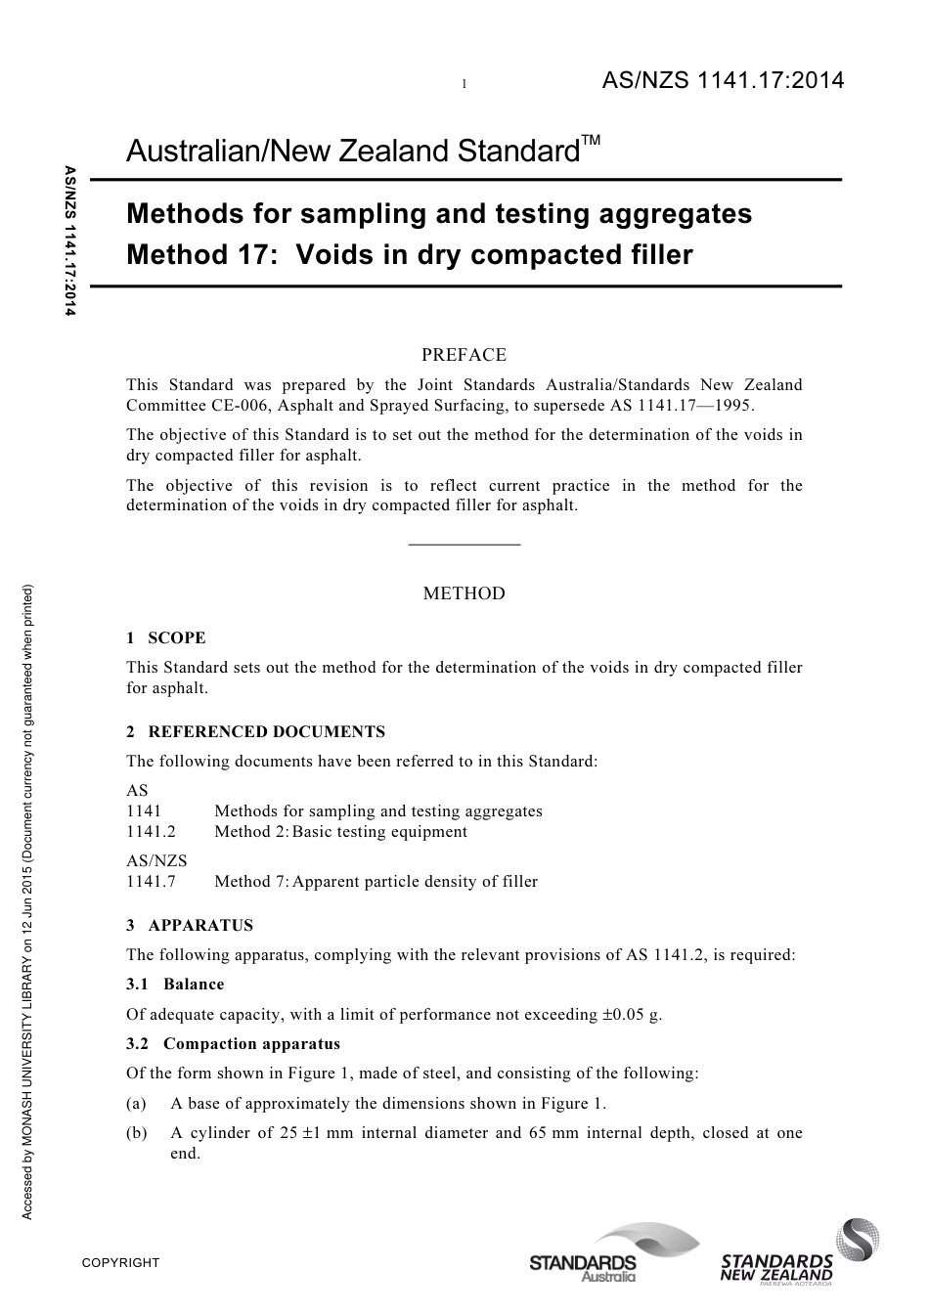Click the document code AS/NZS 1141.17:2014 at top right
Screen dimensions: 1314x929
click(x=722, y=81)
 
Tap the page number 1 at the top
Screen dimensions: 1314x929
click(x=464, y=85)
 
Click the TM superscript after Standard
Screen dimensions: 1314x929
click(x=590, y=142)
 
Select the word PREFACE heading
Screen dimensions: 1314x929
click(x=464, y=355)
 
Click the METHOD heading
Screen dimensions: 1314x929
click(x=464, y=593)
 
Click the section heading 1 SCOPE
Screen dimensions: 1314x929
click(x=166, y=638)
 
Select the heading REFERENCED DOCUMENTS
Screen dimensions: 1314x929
click(x=266, y=732)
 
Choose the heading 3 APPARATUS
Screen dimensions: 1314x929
click(x=190, y=926)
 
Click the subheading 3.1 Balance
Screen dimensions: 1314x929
click(x=175, y=985)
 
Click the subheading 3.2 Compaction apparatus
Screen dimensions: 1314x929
click(x=234, y=1044)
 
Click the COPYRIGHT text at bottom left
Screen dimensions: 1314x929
click(x=120, y=1263)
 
